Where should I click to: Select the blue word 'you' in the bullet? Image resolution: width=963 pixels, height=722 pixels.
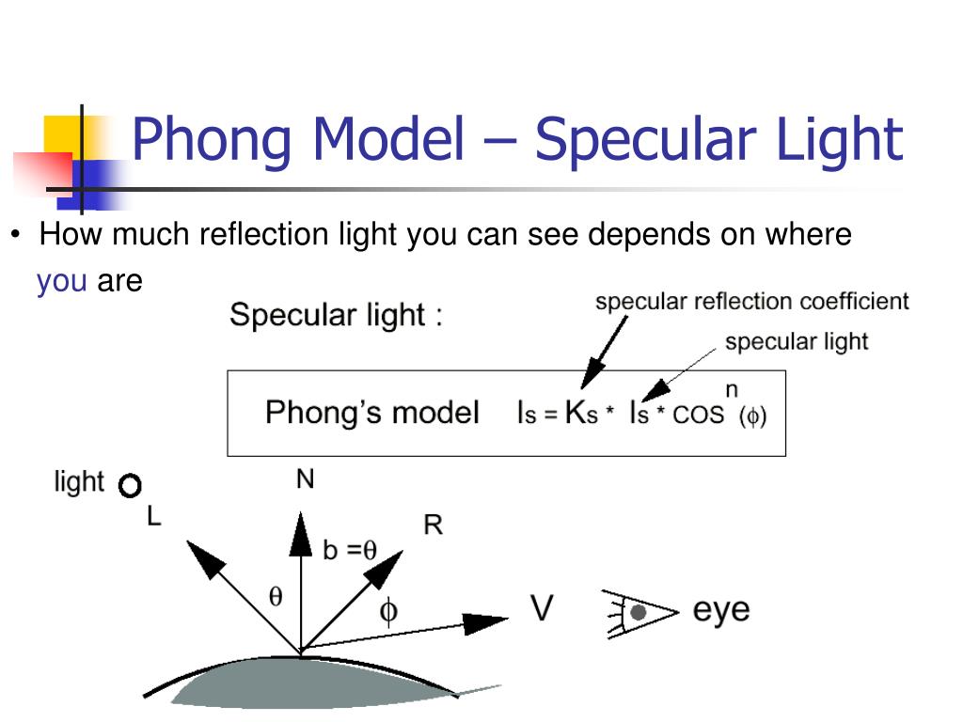[x=62, y=281]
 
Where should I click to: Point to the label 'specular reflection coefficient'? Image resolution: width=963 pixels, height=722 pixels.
[x=752, y=302]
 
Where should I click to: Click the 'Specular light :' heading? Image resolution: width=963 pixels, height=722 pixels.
[x=336, y=314]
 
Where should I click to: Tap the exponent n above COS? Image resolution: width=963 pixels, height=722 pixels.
[x=731, y=387]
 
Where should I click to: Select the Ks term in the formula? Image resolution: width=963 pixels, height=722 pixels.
[x=581, y=413]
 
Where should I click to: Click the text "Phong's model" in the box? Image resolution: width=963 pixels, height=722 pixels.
[x=371, y=413]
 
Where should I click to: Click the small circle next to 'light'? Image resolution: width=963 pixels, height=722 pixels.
[x=130, y=486]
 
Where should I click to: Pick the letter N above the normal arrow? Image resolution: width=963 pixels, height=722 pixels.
[x=305, y=479]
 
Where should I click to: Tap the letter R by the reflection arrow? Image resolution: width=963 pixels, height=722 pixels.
[x=433, y=525]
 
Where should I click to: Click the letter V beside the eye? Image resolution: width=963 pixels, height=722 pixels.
[x=543, y=609]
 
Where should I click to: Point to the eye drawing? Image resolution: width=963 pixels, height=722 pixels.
[x=639, y=613]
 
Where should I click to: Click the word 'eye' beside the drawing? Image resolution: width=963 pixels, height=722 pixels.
[x=721, y=609]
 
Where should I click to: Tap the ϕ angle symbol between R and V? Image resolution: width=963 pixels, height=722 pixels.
[x=387, y=612]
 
